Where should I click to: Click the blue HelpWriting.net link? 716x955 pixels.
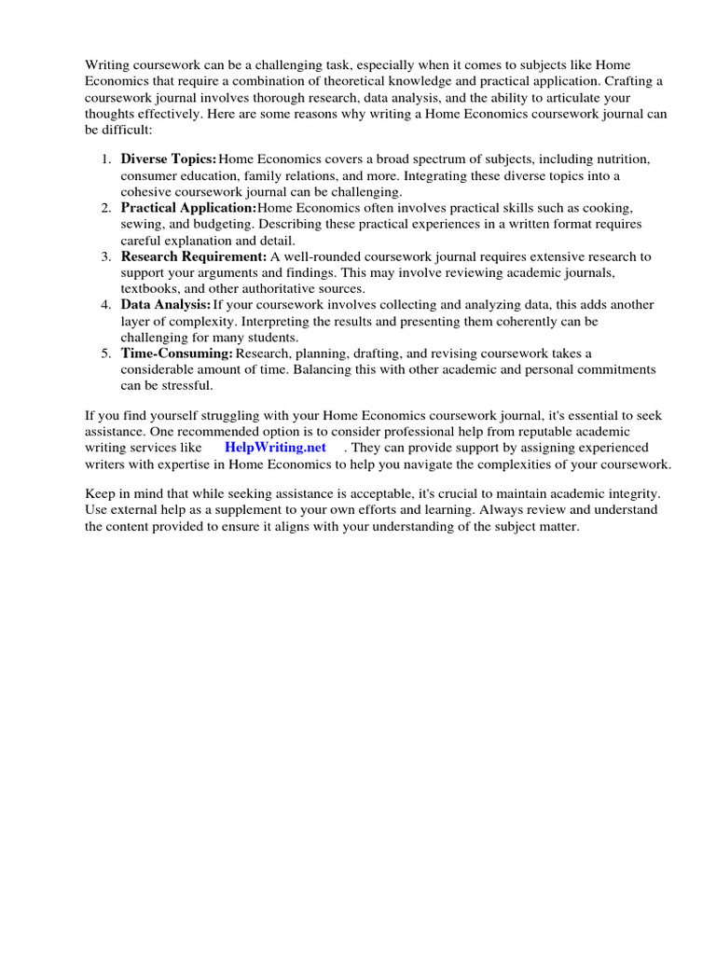coord(275,448)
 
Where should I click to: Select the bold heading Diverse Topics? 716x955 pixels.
coord(168,159)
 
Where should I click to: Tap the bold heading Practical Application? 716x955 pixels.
coord(188,208)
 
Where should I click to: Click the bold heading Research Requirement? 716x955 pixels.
coord(193,256)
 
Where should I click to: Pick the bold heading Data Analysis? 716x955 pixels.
coord(165,305)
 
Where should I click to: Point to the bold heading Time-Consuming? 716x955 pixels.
coord(176,353)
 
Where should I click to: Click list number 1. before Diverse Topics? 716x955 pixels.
coord(106,159)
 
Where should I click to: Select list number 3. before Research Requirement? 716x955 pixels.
coord(106,256)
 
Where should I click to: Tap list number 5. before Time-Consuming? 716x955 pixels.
coord(106,353)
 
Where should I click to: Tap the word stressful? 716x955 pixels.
coord(186,385)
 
